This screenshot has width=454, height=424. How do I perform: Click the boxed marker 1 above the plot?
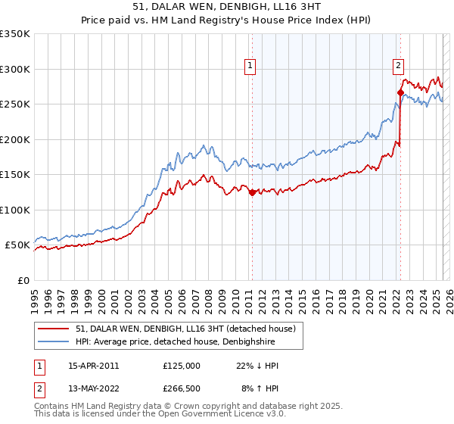click(x=250, y=66)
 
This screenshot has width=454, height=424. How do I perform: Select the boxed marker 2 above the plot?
click(x=398, y=66)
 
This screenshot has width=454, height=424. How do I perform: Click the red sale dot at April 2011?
click(x=251, y=192)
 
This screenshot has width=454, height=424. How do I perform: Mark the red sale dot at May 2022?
click(x=400, y=92)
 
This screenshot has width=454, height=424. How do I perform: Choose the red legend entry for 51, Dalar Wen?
click(x=189, y=328)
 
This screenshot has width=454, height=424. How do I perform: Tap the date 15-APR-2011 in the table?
click(x=94, y=366)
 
